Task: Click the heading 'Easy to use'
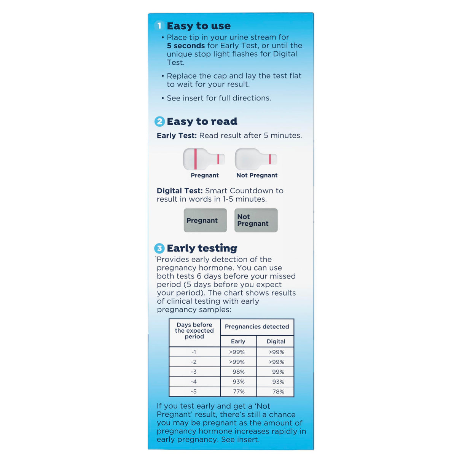coord(198,26)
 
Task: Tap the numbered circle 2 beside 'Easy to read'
coord(159,122)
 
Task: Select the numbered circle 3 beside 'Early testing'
coord(159,249)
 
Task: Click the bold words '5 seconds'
coord(186,46)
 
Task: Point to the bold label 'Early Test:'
coord(177,135)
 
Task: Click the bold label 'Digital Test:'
coord(180,191)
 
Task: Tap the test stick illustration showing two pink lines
coord(204,159)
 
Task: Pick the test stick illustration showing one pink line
coord(256,159)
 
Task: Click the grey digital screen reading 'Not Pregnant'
coord(256,220)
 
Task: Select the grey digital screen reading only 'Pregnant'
coord(205,220)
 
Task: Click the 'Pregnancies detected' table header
coord(257,327)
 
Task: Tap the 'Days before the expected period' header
coord(194,331)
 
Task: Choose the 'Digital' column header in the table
coord(276,341)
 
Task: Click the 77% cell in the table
coord(239,392)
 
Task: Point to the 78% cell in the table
coord(278,392)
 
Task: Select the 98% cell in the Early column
coord(239,372)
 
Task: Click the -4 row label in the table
coord(194,382)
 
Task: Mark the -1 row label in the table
coord(194,352)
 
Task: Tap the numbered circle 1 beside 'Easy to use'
coord(159,26)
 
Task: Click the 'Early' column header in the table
coord(238,341)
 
